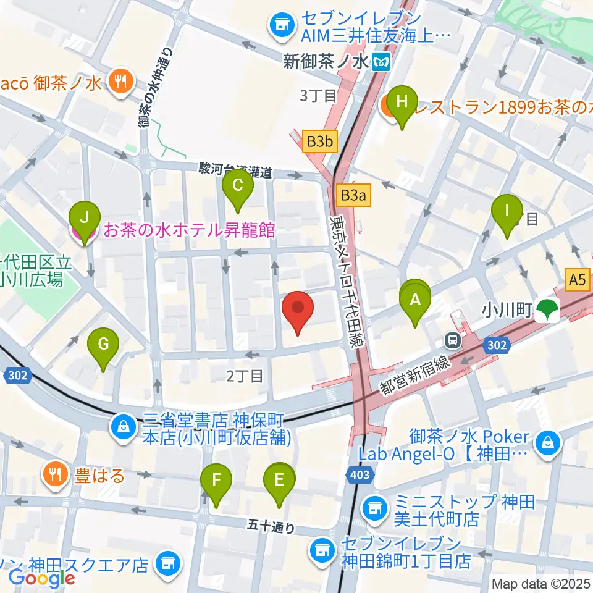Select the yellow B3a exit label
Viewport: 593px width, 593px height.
[x=354, y=196]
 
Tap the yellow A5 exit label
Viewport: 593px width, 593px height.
[x=577, y=280]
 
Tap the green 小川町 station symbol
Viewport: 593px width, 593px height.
[x=545, y=311]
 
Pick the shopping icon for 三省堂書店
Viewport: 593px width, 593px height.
[x=123, y=426]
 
